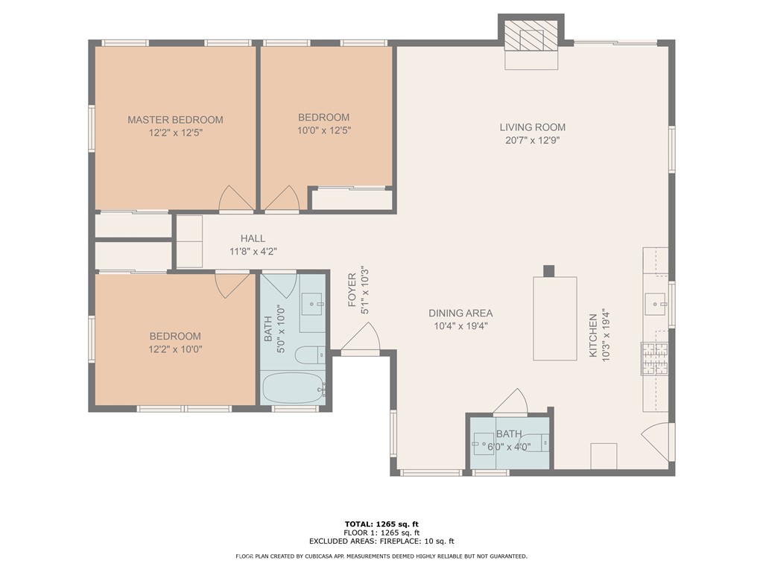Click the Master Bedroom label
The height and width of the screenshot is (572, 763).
coord(175,120)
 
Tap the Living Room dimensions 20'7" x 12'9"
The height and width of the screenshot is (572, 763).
coord(532,141)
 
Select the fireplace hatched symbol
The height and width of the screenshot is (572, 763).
coord(531,36)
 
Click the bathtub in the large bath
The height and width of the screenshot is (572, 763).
coord(294,388)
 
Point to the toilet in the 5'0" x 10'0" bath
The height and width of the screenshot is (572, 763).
coord(310,355)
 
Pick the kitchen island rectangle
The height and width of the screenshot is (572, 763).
coord(555,319)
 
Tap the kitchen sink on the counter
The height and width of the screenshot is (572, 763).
coord(656,305)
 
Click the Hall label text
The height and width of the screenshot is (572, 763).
coord(253,238)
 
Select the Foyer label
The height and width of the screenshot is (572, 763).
coord(352,290)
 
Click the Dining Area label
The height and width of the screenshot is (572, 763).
coord(460,314)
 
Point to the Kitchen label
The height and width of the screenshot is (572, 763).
coord(593,336)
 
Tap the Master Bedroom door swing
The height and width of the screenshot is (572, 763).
coord(236,198)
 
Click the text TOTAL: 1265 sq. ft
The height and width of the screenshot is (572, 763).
coord(381,524)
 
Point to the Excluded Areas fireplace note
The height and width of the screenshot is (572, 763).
coord(381,541)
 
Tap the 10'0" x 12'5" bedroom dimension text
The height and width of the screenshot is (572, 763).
coord(324,130)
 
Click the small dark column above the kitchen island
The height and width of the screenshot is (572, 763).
coord(549,271)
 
